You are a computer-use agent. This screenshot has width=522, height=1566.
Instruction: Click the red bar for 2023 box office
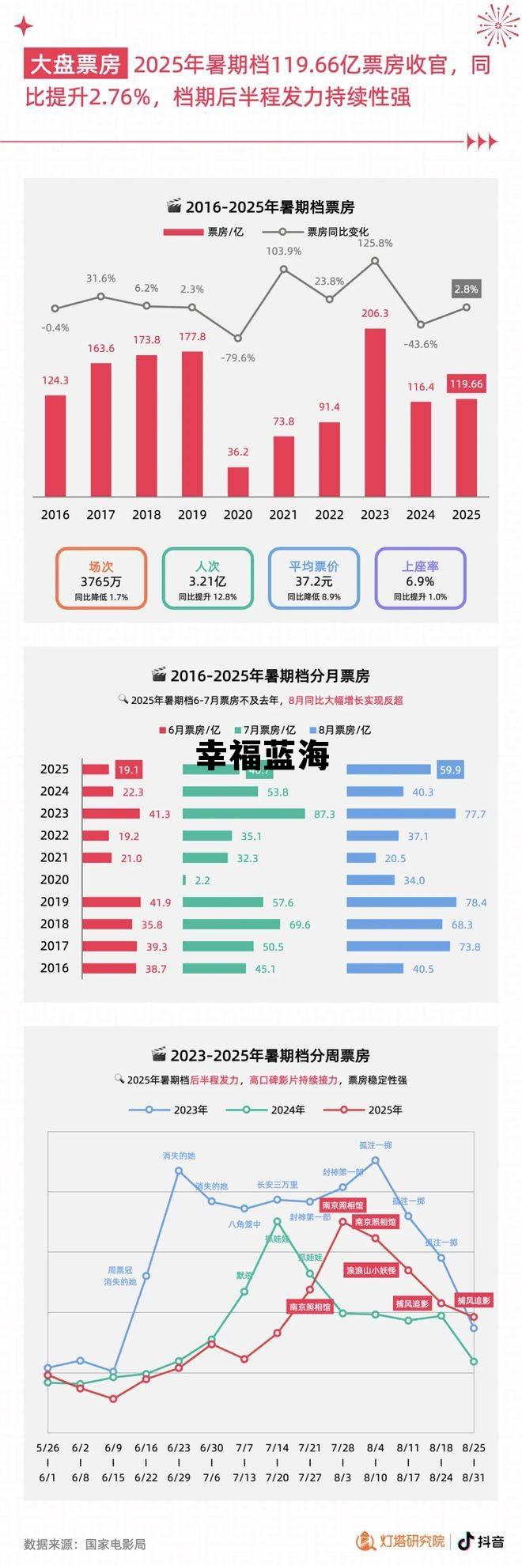point(375,412)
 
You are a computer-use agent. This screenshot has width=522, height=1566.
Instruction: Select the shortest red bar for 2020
point(238,481)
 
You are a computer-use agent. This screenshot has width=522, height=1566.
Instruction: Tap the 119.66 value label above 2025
point(466,384)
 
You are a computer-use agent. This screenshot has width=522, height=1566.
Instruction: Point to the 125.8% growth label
point(375,243)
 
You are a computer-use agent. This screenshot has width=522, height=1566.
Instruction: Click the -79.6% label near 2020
point(238,357)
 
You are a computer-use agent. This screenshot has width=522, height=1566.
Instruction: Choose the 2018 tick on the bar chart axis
point(146,514)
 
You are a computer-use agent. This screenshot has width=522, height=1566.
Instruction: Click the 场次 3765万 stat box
point(101,578)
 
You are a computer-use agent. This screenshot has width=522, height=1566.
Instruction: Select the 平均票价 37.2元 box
point(314,578)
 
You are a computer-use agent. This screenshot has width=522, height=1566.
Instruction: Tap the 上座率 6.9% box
point(420,578)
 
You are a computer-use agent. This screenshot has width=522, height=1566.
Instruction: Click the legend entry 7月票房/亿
point(265,730)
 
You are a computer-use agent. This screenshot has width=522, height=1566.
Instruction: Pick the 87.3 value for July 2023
point(324,814)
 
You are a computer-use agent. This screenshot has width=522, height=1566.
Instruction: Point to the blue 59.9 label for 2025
point(450,770)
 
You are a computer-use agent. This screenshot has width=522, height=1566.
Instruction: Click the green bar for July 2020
point(184,879)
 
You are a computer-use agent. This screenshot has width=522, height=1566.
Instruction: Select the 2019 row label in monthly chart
point(55,902)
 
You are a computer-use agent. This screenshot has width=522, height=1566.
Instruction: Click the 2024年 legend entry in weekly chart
point(266,1110)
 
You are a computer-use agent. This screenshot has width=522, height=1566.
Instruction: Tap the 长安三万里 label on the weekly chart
point(277,1185)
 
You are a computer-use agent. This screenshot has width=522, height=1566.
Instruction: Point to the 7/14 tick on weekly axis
point(277,1447)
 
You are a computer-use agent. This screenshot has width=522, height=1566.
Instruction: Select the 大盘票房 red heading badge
point(76,64)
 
